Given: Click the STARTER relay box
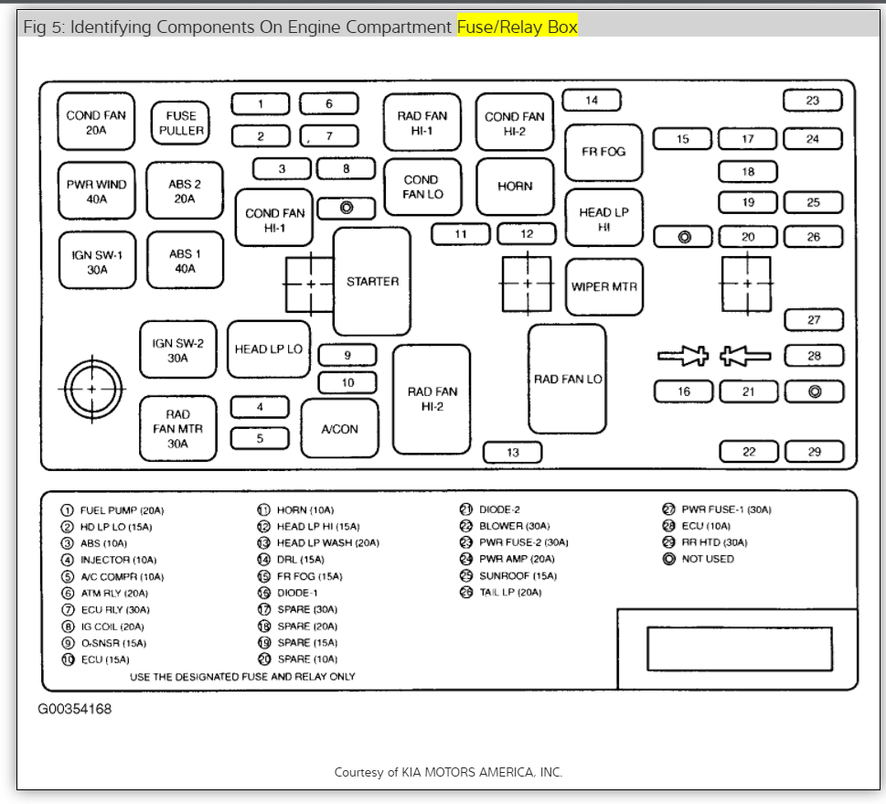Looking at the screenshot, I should [372, 282].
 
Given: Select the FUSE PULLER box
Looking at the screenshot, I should [180, 123].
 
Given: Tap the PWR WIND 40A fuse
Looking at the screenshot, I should [96, 190].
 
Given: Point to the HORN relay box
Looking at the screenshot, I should [515, 187].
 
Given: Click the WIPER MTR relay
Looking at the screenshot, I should [603, 286].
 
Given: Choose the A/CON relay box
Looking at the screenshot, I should [339, 429].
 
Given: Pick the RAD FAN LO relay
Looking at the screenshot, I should [567, 379].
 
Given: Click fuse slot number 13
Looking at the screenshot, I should [512, 452].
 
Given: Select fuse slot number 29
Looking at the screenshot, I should [814, 452].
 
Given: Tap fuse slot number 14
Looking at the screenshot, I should [592, 101].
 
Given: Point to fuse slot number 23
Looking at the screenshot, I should [813, 101].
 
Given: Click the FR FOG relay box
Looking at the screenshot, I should [603, 152].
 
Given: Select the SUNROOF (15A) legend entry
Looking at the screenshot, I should [517, 576].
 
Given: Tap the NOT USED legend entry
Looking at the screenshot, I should [707, 559].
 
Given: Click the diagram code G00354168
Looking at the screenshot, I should [75, 709].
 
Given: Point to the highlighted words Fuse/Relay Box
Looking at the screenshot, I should [518, 27].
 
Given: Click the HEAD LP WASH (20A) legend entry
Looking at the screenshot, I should [327, 543].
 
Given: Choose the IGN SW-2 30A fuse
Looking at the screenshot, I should [177, 350].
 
